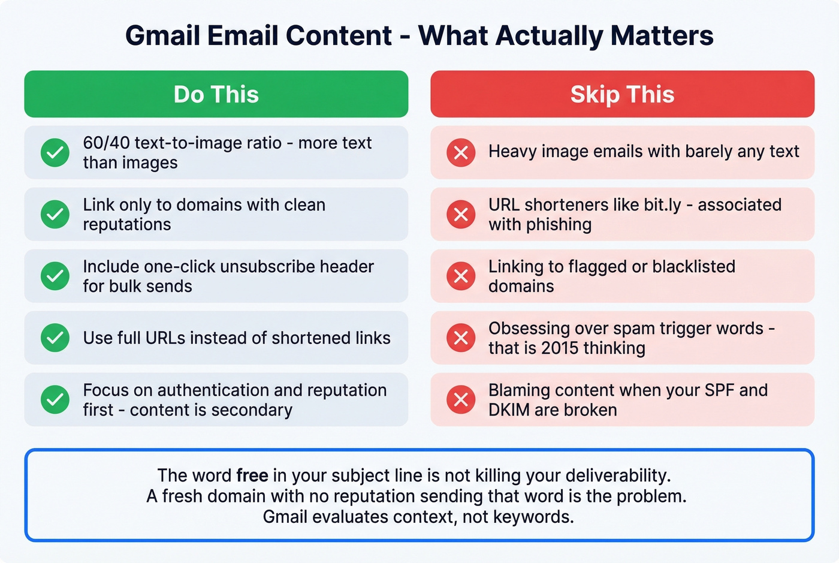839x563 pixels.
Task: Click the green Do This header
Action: (x=216, y=94)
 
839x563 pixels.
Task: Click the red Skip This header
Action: (x=622, y=94)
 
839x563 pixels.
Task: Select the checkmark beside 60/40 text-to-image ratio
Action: (x=55, y=153)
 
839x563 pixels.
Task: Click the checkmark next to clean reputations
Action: (x=55, y=215)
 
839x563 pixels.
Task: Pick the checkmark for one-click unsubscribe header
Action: (x=55, y=276)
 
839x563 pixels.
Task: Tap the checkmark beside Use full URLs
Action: (x=55, y=338)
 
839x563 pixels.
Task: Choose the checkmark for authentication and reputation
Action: (x=55, y=400)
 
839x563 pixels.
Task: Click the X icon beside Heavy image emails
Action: (x=461, y=153)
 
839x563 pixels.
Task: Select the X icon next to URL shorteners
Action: (x=461, y=215)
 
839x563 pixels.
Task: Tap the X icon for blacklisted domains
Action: (x=461, y=276)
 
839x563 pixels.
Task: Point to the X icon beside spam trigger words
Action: (x=461, y=338)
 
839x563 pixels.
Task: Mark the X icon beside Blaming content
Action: (x=461, y=400)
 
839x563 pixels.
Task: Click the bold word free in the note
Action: (x=252, y=475)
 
